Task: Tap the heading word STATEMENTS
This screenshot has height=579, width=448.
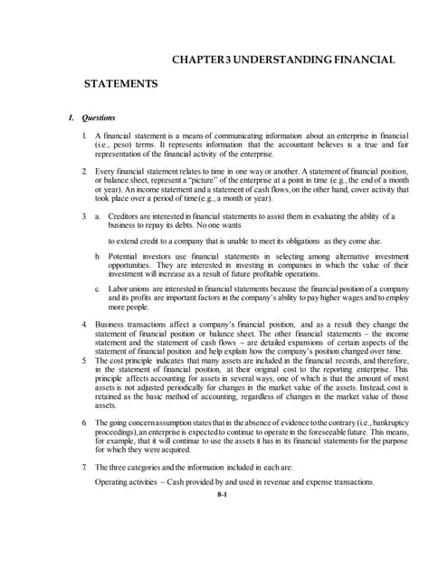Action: (x=121, y=84)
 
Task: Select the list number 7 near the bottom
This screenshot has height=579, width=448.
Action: (x=83, y=468)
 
